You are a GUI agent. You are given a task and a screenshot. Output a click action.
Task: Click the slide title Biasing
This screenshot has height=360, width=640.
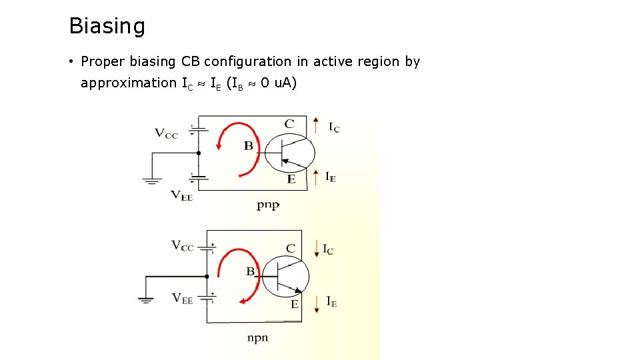107,27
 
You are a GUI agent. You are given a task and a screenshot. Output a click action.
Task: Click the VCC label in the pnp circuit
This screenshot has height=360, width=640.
167,133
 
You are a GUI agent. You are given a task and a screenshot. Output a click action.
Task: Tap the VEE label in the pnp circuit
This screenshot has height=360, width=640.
181,195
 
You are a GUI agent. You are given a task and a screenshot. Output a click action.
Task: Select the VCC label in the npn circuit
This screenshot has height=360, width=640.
183,246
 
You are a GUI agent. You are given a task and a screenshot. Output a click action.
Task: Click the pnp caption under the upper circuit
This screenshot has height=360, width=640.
268,205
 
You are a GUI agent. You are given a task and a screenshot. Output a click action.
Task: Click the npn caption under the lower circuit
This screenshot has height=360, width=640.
257,337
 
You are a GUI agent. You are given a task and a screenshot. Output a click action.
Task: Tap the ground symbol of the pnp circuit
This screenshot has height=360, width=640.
153,180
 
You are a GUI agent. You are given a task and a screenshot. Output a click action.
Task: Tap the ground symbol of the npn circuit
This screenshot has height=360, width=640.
147,299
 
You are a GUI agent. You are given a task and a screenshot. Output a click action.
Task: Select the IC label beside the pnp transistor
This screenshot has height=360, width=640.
333,127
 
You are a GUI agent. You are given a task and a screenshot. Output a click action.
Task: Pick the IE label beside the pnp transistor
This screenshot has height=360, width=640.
331,177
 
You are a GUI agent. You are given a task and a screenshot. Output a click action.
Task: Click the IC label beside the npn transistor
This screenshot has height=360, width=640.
328,249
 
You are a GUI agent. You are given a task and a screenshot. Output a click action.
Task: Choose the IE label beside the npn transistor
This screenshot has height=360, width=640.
331,301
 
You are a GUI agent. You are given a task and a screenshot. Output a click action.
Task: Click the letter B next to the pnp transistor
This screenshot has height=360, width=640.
248,145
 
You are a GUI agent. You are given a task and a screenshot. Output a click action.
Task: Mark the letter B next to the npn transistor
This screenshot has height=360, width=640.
251,271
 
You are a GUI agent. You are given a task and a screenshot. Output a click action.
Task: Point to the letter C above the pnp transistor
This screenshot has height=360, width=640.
289,123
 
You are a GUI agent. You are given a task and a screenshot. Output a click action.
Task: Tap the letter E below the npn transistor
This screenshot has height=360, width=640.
294,304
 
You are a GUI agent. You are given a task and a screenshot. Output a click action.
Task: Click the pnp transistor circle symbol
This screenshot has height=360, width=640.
290,153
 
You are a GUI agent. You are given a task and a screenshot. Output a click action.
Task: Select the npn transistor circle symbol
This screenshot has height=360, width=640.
285,275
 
